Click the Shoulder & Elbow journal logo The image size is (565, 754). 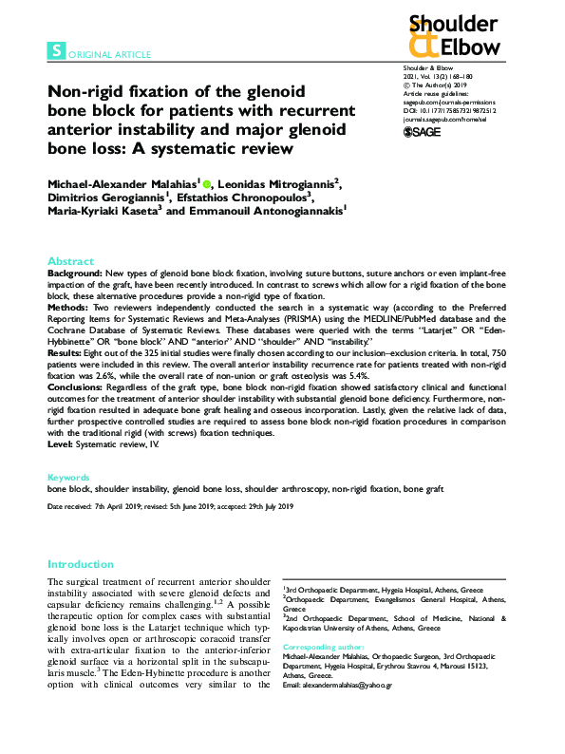pyautogui.click(x=451, y=35)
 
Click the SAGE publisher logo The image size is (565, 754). pyautogui.click(x=424, y=132)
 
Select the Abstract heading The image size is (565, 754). pyautogui.click(x=71, y=261)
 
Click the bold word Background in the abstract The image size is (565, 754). pyautogui.click(x=73, y=273)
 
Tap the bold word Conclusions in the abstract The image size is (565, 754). pyautogui.click(x=76, y=387)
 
